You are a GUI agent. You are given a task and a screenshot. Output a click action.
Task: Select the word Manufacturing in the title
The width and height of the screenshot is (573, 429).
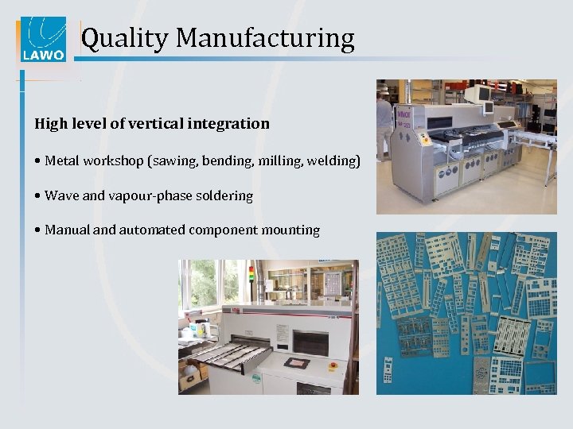(265, 37)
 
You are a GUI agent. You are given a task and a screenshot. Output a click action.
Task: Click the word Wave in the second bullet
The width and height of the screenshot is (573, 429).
(62, 195)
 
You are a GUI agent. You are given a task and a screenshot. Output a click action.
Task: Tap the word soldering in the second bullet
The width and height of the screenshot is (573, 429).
(223, 195)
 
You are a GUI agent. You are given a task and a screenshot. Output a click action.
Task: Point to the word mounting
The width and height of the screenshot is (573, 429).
(290, 230)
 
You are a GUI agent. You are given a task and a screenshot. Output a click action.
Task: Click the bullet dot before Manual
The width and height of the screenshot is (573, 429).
(37, 230)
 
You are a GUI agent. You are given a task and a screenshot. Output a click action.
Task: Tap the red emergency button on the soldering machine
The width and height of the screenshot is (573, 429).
(333, 368)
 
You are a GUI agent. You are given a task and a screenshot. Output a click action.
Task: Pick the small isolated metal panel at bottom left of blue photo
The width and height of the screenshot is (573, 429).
(388, 370)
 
